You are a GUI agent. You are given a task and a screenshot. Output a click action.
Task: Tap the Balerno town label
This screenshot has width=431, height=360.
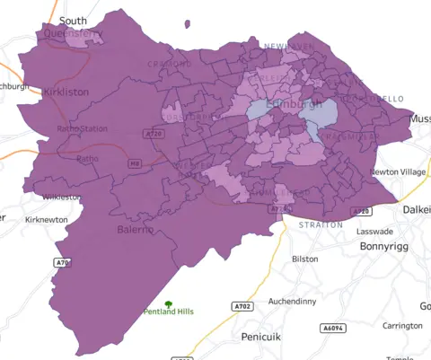[x=136, y=230]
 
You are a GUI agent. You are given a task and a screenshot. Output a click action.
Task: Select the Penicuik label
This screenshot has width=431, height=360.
[x=262, y=337]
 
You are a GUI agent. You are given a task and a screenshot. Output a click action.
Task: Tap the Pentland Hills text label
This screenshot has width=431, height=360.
[x=169, y=312]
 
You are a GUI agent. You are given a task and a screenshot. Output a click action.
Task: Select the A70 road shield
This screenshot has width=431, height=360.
[x=62, y=263]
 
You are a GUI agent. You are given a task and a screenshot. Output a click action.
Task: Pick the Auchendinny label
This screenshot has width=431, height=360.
[x=291, y=302]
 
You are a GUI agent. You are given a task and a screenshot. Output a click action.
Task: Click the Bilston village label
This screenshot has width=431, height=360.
[x=305, y=259]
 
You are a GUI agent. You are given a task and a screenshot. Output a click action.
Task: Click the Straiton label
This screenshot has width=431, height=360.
[x=321, y=224]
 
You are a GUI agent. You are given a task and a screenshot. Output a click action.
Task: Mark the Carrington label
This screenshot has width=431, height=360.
[x=402, y=326]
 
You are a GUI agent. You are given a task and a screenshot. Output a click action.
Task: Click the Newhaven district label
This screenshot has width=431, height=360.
[x=289, y=45]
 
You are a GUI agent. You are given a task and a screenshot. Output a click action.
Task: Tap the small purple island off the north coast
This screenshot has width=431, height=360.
[x=187, y=24]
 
